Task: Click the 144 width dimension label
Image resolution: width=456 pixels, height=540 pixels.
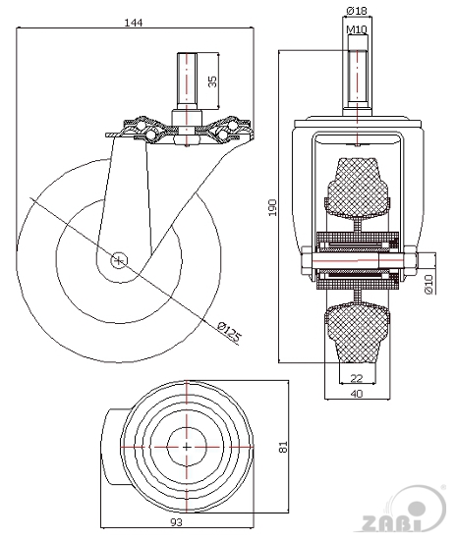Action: [133, 23]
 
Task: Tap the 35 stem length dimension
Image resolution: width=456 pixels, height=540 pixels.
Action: [213, 81]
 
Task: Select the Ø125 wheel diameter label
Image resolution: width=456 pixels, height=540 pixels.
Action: [229, 332]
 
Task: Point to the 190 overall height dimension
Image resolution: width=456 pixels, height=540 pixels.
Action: [272, 207]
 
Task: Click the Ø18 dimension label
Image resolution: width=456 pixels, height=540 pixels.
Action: [357, 11]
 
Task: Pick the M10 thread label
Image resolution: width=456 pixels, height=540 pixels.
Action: [357, 29]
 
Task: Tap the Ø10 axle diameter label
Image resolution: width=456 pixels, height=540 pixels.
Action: [428, 284]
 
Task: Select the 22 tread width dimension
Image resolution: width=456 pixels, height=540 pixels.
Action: [357, 378]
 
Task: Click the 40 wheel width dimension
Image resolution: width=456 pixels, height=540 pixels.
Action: [357, 394]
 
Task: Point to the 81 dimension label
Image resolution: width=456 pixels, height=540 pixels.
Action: [283, 447]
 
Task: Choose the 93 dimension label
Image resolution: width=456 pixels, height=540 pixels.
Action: [176, 522]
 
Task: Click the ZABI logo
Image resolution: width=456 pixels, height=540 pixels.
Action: [405, 512]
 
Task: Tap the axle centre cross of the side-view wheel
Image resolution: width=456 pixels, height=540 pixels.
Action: [119, 261]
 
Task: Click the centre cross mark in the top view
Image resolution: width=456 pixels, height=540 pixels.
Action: [187, 447]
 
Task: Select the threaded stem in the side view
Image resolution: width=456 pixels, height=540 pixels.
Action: [187, 81]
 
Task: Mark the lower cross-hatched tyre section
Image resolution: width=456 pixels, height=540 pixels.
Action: [357, 332]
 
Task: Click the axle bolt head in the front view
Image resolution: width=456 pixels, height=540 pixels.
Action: [307, 260]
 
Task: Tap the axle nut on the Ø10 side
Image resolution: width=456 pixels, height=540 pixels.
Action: [411, 260]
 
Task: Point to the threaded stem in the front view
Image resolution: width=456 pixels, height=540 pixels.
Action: [358, 76]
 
